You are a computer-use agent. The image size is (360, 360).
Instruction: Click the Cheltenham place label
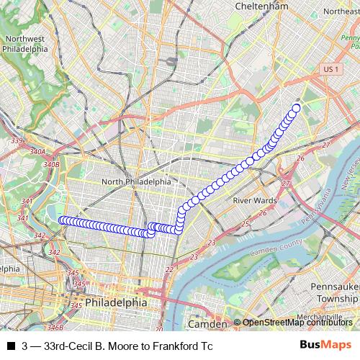(x=266, y=6)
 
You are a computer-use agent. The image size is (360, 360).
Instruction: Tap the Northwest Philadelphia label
(x=25, y=45)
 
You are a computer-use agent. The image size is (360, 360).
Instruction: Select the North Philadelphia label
(x=137, y=182)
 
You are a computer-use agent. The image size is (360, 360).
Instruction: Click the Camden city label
(x=207, y=324)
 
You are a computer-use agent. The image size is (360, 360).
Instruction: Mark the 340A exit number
(x=38, y=152)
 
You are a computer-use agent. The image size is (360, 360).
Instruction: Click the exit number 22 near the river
(x=169, y=269)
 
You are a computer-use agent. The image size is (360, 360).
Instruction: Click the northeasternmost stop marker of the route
(x=295, y=109)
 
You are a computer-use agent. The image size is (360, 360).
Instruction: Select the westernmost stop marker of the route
(x=62, y=220)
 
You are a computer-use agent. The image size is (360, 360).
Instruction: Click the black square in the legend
(x=11, y=346)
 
